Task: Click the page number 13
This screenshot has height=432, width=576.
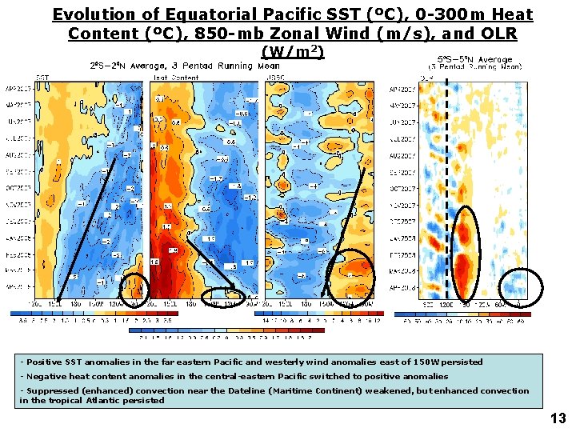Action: coord(558,418)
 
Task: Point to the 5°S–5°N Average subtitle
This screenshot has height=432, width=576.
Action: coord(478,59)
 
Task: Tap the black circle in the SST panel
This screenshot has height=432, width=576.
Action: coord(134,289)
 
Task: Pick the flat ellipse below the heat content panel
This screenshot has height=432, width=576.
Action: coord(218,297)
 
